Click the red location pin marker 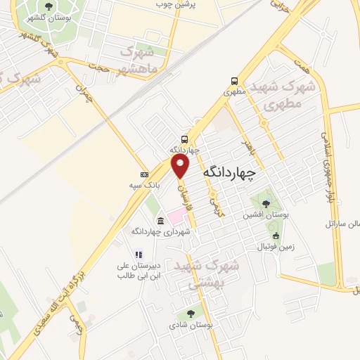point(181,165)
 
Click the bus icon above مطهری point(233,81)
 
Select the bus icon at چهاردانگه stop point(184,139)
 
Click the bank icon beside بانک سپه point(144,174)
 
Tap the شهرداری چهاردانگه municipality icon point(160,221)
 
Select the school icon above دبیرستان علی point(139,255)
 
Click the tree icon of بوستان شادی point(191,314)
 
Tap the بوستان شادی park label point(191,326)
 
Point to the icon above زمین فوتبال point(276,236)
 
